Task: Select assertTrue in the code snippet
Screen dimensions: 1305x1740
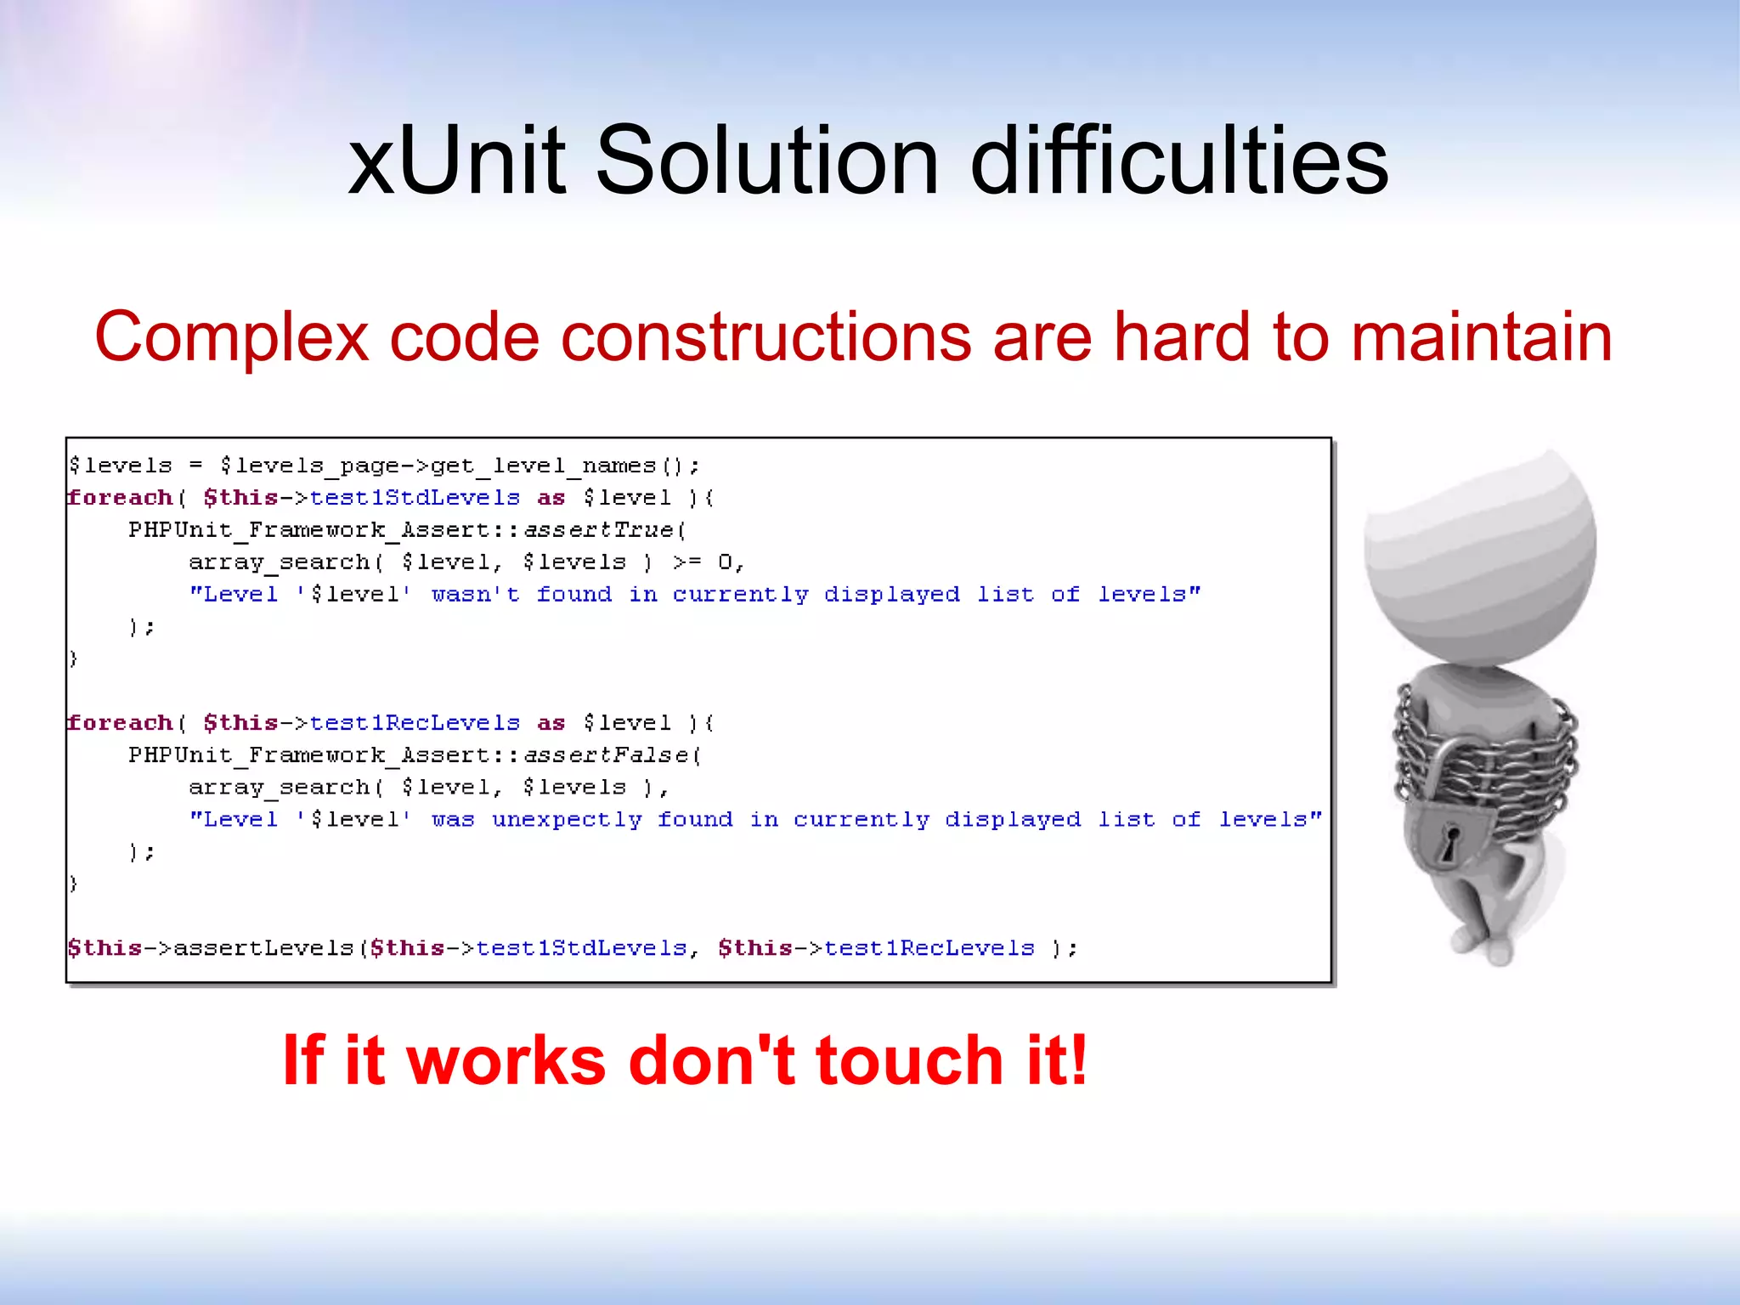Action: pyautogui.click(x=598, y=530)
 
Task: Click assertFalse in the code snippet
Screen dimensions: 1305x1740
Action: pyautogui.click(x=606, y=755)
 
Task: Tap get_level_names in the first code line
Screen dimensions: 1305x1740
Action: pyautogui.click(x=544, y=466)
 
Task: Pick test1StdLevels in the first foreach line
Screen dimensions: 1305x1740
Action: pyautogui.click(x=415, y=498)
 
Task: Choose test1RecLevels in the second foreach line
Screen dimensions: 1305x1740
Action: pyautogui.click(x=415, y=723)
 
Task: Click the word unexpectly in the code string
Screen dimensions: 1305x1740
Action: pyautogui.click(x=567, y=820)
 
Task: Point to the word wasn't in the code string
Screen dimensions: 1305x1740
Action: pyautogui.click(x=475, y=595)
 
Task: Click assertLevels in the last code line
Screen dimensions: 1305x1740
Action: pyautogui.click(x=263, y=948)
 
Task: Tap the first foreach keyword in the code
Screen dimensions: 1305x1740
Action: pyautogui.click(x=120, y=498)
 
